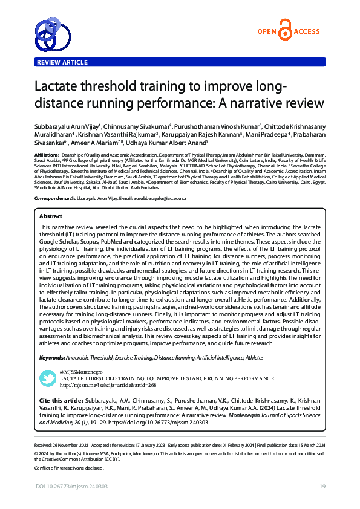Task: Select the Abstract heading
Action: click(51, 216)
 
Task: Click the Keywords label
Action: click(53, 358)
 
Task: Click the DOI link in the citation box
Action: click(166, 423)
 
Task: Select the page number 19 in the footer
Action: click(323, 487)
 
